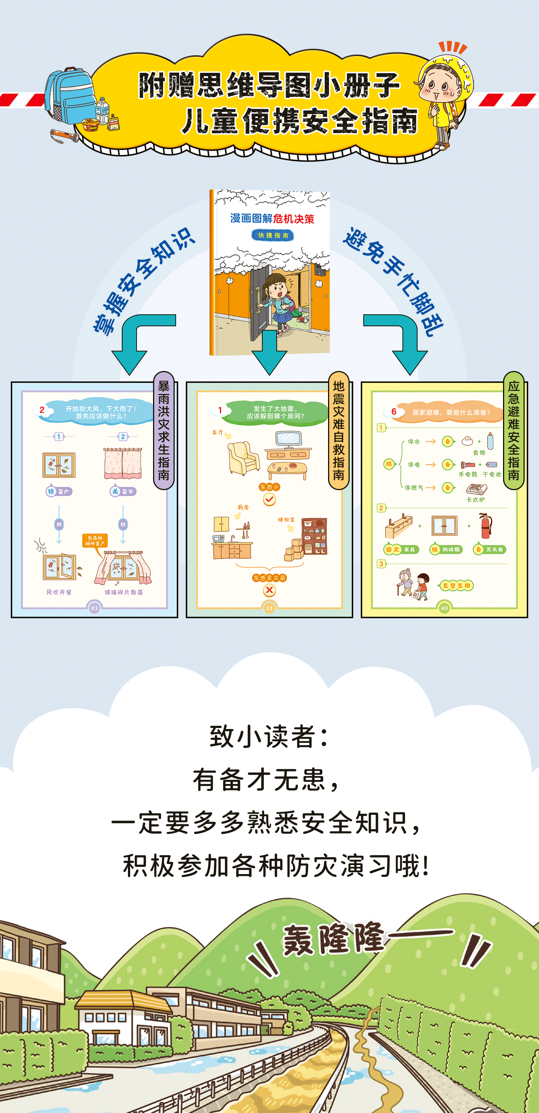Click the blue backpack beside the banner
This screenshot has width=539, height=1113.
tap(69, 95)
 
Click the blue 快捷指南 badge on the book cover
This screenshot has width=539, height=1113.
tap(272, 235)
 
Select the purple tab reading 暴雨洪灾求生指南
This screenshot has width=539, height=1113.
tap(163, 430)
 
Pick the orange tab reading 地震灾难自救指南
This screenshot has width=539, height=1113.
tap(339, 430)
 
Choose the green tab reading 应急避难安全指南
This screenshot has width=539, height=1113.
tap(513, 430)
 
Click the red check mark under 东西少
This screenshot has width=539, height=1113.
tap(269, 499)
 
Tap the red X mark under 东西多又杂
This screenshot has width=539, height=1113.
tap(269, 590)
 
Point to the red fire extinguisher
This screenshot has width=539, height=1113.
tap(485, 526)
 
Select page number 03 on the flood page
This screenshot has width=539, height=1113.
tap(94, 608)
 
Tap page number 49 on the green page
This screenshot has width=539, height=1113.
tap(444, 608)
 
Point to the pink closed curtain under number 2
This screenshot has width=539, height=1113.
tap(123, 464)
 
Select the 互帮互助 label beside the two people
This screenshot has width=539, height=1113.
tap(456, 586)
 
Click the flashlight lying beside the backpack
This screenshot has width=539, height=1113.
tap(65, 136)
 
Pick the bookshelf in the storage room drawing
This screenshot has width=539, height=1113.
tap(314, 536)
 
